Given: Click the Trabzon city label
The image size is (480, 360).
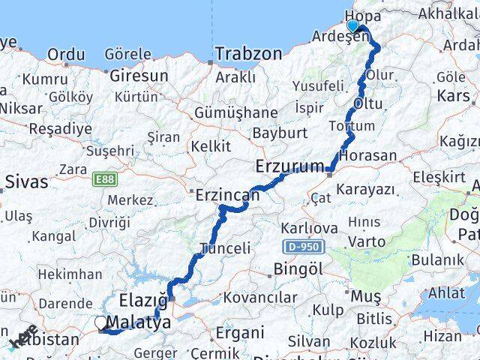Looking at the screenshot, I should pyautogui.click(x=248, y=54).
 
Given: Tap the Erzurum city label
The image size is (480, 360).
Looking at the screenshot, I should pyautogui.click(x=289, y=166).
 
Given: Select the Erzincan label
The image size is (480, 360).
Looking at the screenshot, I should pyautogui.click(x=227, y=196).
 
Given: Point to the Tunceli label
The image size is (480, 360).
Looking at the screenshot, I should pyautogui.click(x=225, y=248).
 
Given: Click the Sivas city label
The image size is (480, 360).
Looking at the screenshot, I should pyautogui.click(x=26, y=181).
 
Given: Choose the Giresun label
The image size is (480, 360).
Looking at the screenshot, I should pyautogui.click(x=139, y=76).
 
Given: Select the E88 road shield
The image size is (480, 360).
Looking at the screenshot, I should pyautogui.click(x=105, y=181).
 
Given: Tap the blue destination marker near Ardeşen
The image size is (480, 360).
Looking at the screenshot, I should pyautogui.click(x=352, y=26).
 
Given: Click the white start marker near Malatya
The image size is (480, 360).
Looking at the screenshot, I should pyautogui.click(x=101, y=323).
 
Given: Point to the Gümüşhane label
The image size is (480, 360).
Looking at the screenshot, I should pyautogui.click(x=225, y=112).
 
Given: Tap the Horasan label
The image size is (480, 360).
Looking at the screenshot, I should pyautogui.click(x=367, y=156).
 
